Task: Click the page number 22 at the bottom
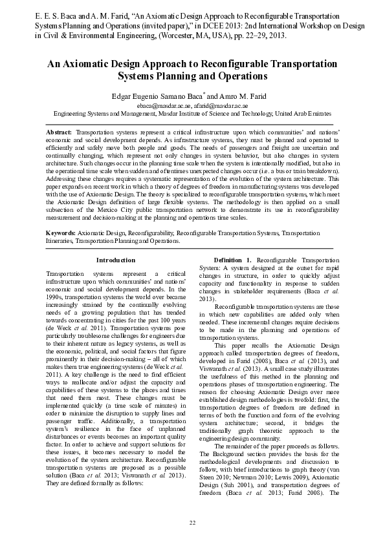click(192, 522)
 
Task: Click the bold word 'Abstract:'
click(59, 132)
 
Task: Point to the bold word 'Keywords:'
click(61, 231)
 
